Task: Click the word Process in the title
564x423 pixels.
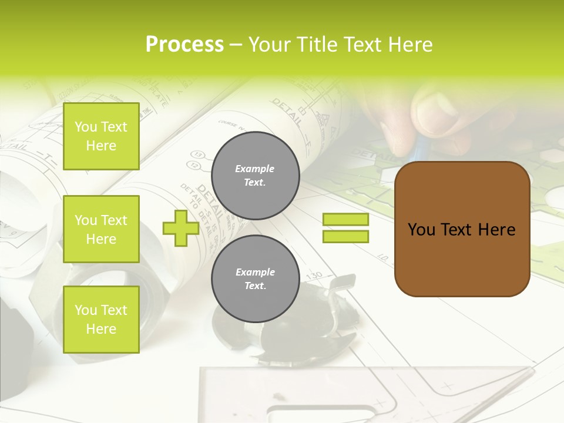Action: pyautogui.click(x=184, y=45)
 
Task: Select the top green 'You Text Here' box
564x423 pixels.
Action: pyautogui.click(x=101, y=136)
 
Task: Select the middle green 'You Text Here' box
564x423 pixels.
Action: pyautogui.click(x=101, y=229)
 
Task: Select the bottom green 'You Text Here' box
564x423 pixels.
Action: pyautogui.click(x=101, y=320)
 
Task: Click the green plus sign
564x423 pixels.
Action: pyautogui.click(x=180, y=228)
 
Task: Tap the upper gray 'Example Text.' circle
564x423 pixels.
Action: pyautogui.click(x=255, y=175)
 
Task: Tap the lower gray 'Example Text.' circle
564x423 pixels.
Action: pyautogui.click(x=255, y=279)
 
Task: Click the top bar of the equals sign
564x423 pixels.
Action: pyautogui.click(x=345, y=220)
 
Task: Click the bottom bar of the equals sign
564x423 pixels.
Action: pyautogui.click(x=345, y=237)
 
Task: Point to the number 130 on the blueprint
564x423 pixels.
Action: pyautogui.click(x=315, y=275)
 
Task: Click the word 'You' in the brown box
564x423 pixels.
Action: pyautogui.click(x=421, y=230)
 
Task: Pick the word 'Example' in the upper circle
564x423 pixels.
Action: pyautogui.click(x=255, y=169)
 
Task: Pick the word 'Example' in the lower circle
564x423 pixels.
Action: pyautogui.click(x=255, y=272)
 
